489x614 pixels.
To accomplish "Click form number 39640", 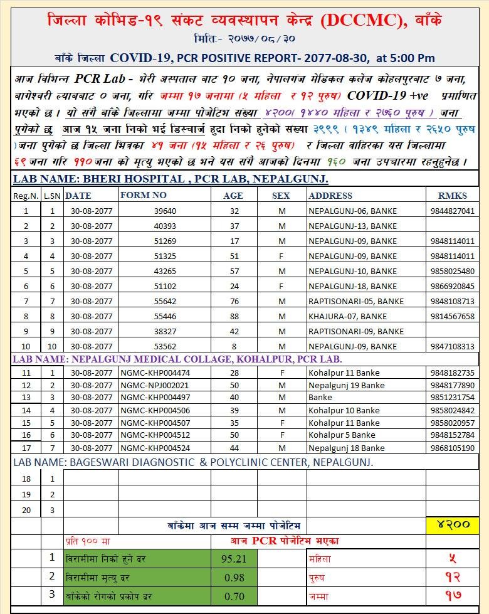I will tap(165, 211).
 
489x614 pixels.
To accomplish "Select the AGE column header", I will tap(233, 196).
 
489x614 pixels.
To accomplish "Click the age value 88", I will tap(234, 316).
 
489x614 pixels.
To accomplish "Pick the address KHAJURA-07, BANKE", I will tap(347, 316).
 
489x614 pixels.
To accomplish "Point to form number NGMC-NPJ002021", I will tap(154, 385).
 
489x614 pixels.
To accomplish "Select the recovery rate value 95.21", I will tap(234, 558).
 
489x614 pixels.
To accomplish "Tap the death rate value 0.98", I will tap(234, 577).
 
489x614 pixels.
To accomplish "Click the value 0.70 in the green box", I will tap(234, 596).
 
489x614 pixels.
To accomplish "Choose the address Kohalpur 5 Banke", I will tap(342, 435).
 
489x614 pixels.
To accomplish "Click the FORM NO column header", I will tap(144, 195).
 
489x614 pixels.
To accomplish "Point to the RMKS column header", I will tap(453, 196).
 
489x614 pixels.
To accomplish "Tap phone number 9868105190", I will tap(453, 448).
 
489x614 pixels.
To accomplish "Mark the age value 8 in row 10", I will tap(234, 346).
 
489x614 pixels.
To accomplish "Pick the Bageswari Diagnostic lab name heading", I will tap(193, 462).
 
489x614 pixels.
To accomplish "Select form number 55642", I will tap(165, 301).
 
